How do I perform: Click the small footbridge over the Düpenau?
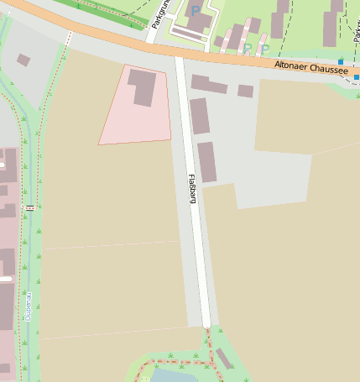[x=30, y=207]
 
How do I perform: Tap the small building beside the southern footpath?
[x=223, y=358]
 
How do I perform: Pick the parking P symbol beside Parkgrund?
[x=196, y=11]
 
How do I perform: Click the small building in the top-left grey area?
[x=23, y=60]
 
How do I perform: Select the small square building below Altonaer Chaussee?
[x=245, y=91]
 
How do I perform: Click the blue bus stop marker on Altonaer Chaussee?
[x=342, y=63]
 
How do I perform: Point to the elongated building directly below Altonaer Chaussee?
[x=209, y=85]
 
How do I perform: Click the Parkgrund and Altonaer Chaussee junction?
[x=151, y=38]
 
